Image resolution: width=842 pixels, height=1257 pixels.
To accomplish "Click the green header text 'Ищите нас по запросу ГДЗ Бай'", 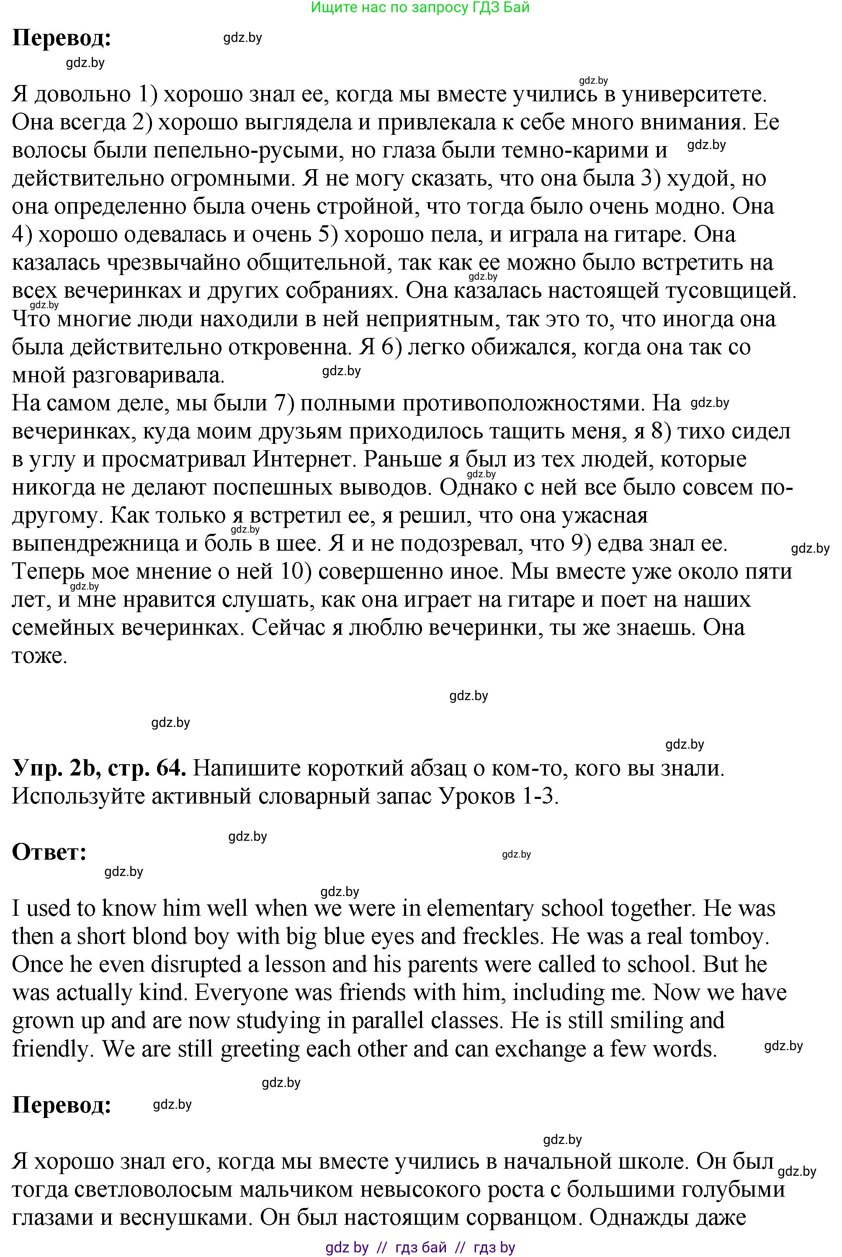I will [420, 8].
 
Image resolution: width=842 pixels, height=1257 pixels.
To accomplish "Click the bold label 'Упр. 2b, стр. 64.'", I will [99, 768].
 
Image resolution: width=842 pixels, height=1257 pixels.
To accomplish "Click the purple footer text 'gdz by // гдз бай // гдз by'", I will [420, 1247].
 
